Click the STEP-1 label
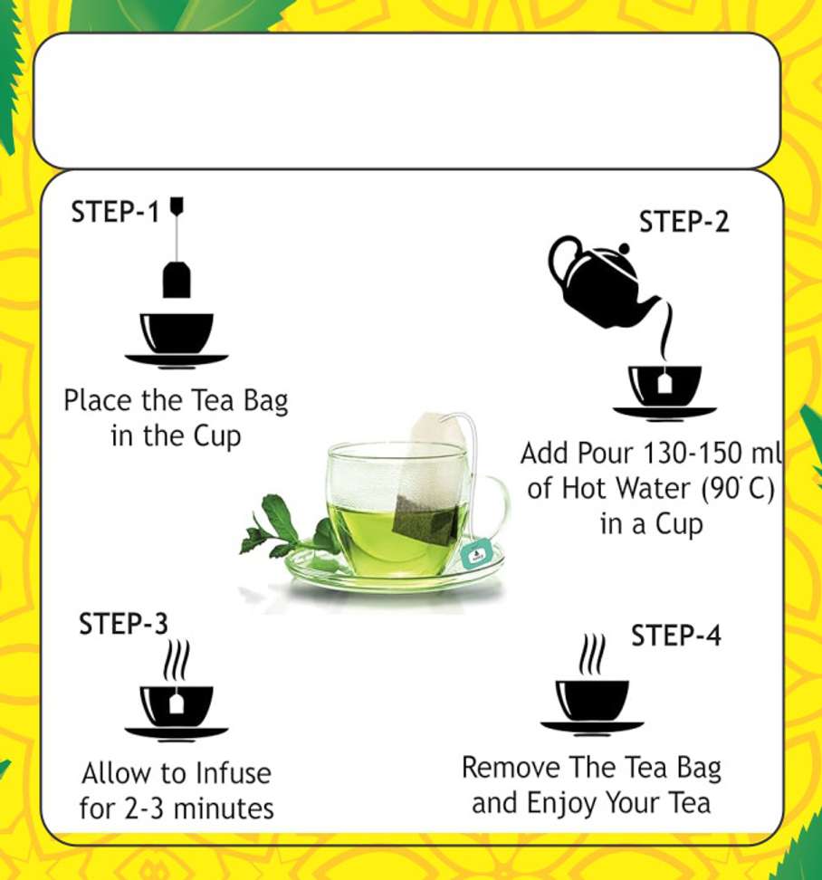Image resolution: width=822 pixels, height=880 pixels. [115, 213]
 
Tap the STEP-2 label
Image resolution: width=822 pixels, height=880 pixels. [683, 222]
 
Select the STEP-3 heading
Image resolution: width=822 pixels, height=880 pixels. [123, 624]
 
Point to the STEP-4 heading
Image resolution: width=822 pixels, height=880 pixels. [676, 636]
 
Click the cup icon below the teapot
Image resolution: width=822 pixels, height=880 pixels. [664, 389]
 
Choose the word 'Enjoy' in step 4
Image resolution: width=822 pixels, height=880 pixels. [578, 803]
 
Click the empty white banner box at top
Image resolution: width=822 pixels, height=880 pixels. [406, 100]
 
